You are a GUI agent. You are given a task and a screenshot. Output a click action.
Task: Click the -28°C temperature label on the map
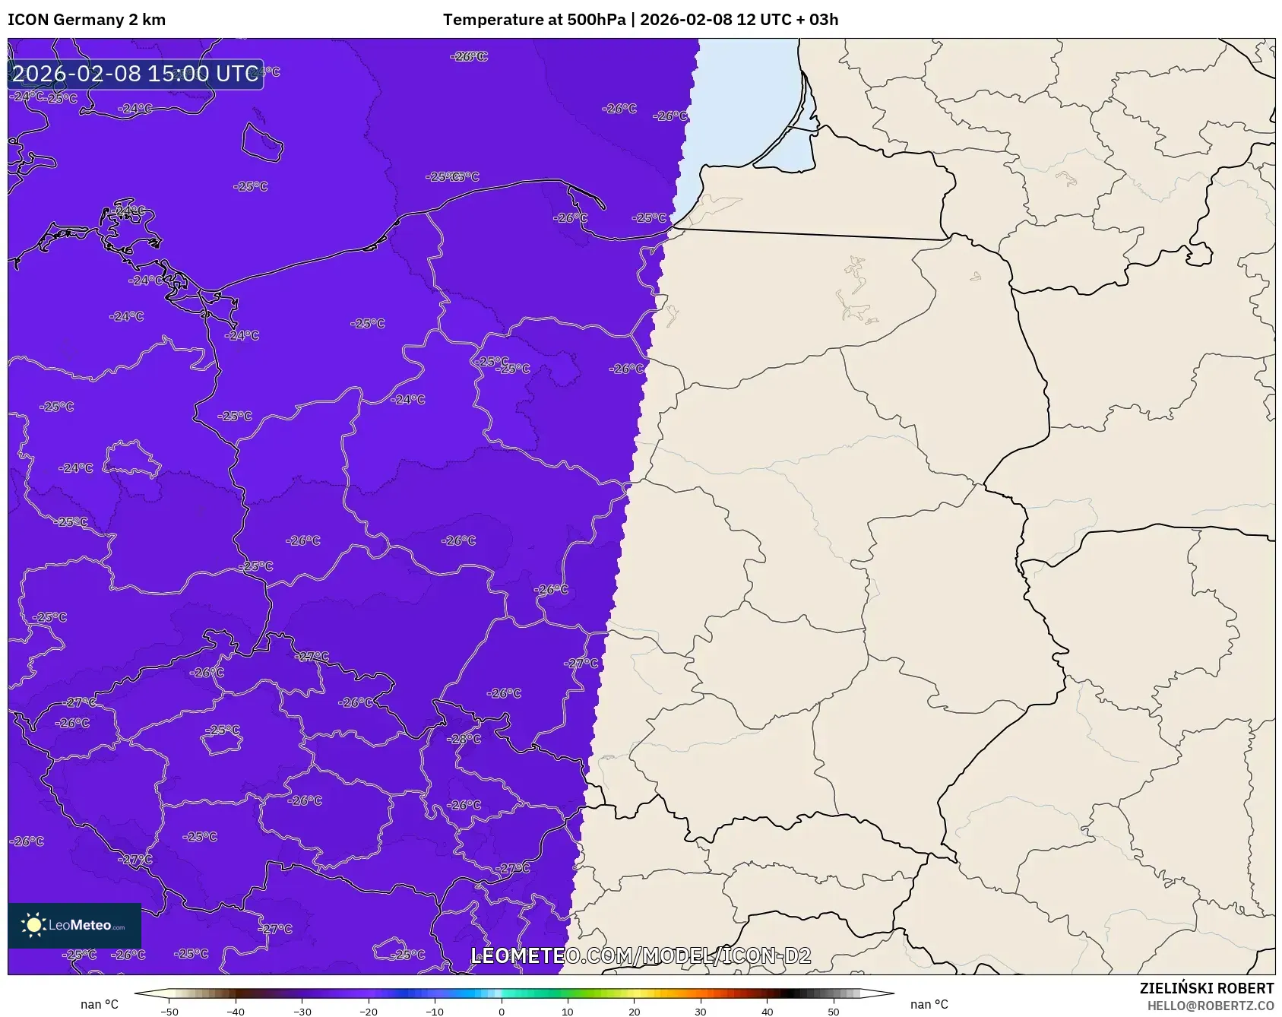[x=465, y=739]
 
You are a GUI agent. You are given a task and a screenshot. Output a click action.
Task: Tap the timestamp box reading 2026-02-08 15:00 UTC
[x=135, y=74]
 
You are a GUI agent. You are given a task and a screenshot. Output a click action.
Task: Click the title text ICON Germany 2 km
[x=87, y=20]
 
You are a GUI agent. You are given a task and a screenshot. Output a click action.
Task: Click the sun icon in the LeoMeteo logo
[x=33, y=925]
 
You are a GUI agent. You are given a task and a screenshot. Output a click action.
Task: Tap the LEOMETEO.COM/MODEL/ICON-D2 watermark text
[x=641, y=955]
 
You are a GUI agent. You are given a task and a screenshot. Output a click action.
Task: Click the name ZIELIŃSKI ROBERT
[x=1206, y=988]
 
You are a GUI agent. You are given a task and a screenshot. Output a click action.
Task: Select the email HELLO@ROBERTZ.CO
[x=1211, y=1006]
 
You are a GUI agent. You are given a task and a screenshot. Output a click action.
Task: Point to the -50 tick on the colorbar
[x=169, y=1012]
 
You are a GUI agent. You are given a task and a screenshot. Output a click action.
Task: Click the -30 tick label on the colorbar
[x=302, y=1012]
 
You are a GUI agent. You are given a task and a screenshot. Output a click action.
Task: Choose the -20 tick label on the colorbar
[x=369, y=1012]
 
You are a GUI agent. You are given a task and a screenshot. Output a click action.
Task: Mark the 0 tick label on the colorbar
[x=502, y=1012]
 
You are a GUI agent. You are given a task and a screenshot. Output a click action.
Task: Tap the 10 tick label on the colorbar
[x=568, y=1012]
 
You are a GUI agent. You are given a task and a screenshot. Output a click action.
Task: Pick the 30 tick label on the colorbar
[x=701, y=1012]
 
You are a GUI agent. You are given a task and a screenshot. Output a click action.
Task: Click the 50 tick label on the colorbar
[x=834, y=1012]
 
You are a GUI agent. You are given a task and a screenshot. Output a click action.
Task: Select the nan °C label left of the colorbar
[x=100, y=1005]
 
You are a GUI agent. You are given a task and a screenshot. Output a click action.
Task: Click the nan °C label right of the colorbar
[x=929, y=1005]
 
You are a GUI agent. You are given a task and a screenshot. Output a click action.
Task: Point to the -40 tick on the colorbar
[x=236, y=1012]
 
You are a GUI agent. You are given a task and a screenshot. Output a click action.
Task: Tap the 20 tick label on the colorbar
[x=634, y=1012]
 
